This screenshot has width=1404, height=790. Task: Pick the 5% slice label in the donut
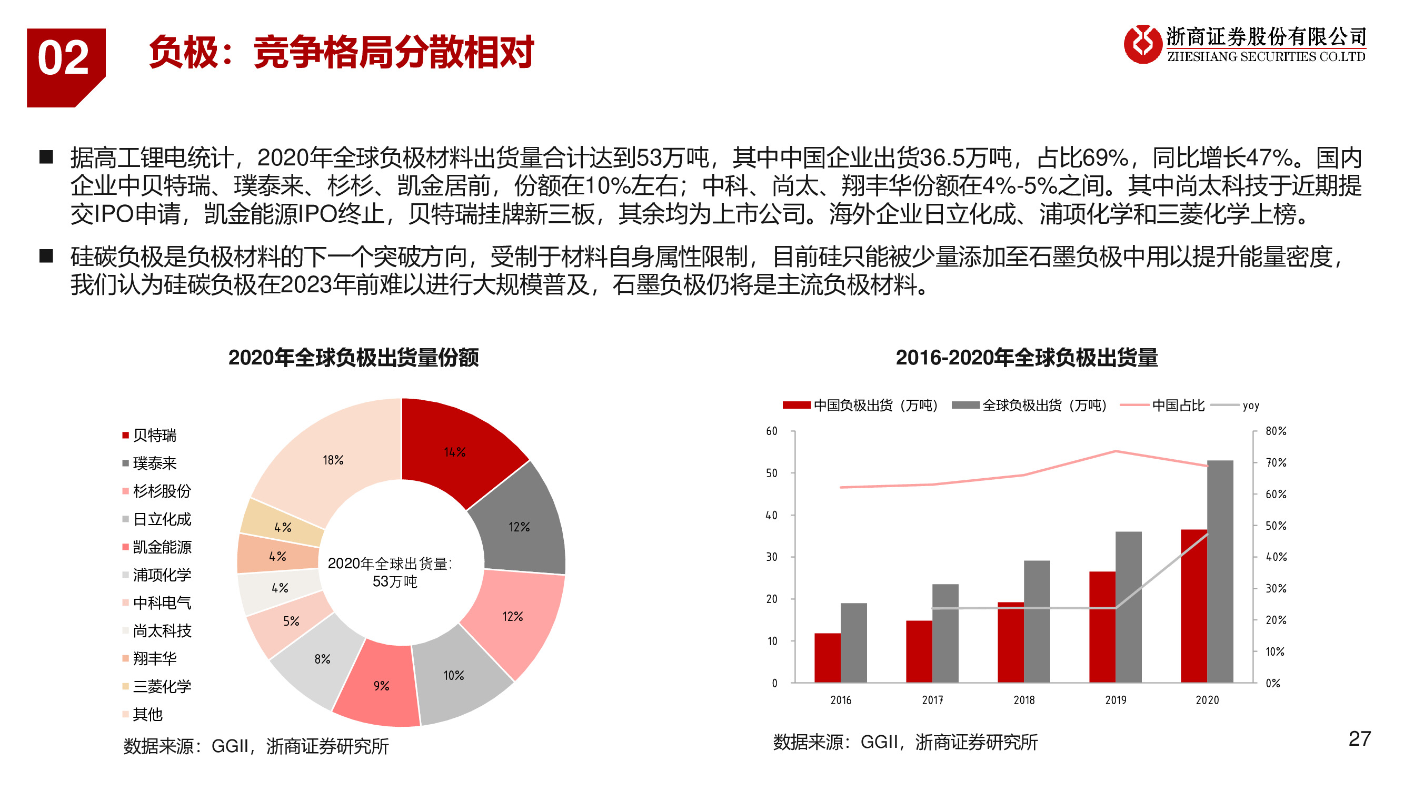pyautogui.click(x=291, y=621)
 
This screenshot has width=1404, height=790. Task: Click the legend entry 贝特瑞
pyautogui.click(x=154, y=435)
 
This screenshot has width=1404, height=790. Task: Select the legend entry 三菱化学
pyautogui.click(x=162, y=686)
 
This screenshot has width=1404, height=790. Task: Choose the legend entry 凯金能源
pyautogui.click(x=162, y=547)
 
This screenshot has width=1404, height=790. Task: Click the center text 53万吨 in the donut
pyautogui.click(x=395, y=582)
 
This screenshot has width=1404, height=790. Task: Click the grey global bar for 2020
pyautogui.click(x=1220, y=572)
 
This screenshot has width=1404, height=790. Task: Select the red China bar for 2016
pyautogui.click(x=827, y=657)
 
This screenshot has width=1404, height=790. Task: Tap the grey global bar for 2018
pyautogui.click(x=1037, y=621)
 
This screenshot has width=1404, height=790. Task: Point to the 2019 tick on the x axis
pyautogui.click(x=1115, y=700)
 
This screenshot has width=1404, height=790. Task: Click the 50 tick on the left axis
pyautogui.click(x=771, y=473)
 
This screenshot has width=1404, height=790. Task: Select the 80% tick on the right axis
pyautogui.click(x=1276, y=431)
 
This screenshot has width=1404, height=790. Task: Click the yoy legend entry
pyautogui.click(x=1250, y=405)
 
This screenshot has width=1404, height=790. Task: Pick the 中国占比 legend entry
pyautogui.click(x=1177, y=405)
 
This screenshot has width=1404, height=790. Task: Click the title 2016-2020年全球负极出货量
pyautogui.click(x=1027, y=358)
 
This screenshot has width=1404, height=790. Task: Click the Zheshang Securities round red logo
pyautogui.click(x=1143, y=44)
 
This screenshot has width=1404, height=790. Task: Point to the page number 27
pyautogui.click(x=1359, y=739)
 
